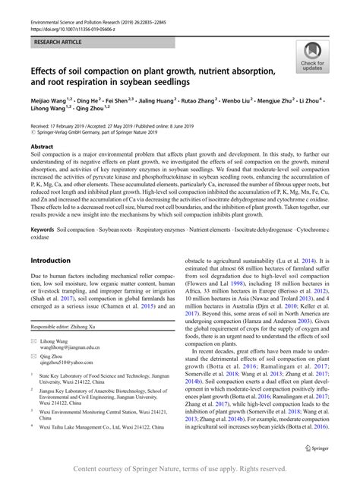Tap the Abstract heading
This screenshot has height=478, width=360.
(x=43, y=145)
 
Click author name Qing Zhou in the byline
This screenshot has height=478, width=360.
(x=92, y=109)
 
